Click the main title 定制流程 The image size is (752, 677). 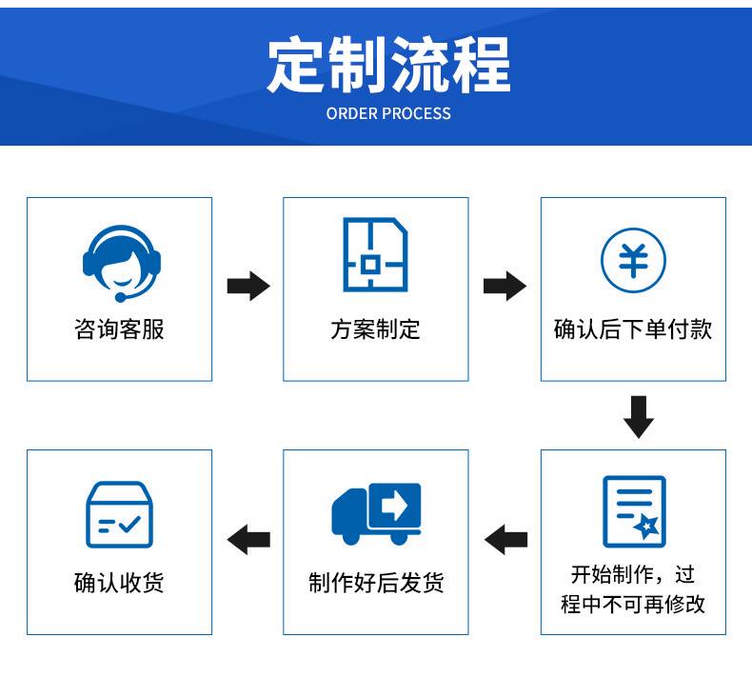point(388,65)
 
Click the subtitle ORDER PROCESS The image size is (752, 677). point(388,113)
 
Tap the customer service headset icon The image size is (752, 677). point(120,258)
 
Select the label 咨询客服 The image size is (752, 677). point(119,329)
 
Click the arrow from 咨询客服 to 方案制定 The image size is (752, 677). point(247,286)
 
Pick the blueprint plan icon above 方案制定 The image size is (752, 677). point(375,255)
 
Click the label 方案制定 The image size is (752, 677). point(375,329)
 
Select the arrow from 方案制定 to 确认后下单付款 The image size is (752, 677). point(505,286)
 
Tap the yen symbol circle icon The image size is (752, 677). point(633,260)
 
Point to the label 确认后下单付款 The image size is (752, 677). point(633,329)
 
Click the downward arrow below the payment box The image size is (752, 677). point(638,415)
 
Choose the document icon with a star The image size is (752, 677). point(634,511)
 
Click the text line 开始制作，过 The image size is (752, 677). point(633,574)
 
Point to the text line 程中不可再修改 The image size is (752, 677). point(633,604)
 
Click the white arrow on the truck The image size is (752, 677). point(393,504)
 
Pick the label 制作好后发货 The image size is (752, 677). point(376,583)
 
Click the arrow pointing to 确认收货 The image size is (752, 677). point(248,540)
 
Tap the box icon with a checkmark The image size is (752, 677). point(120,514)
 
